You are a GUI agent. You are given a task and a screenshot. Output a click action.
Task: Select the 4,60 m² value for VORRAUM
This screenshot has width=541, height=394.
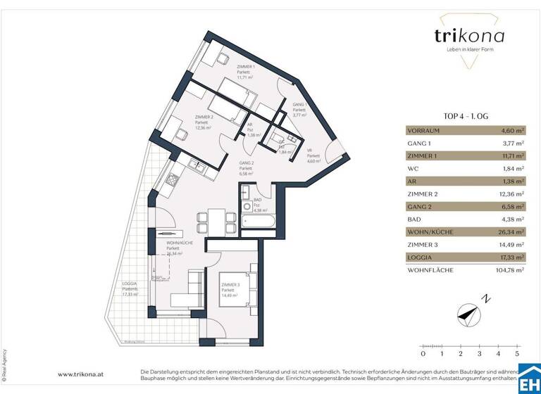pos(511,130)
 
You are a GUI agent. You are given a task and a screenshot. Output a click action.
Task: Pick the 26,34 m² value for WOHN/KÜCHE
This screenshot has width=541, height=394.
pos(509,231)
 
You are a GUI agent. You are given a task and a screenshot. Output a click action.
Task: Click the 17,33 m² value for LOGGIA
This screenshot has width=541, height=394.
pos(510,257)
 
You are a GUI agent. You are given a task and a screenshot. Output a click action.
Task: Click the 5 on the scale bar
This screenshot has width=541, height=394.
pos(518,354)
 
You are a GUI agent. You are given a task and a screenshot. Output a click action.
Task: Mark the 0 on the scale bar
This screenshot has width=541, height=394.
pos(422,354)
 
